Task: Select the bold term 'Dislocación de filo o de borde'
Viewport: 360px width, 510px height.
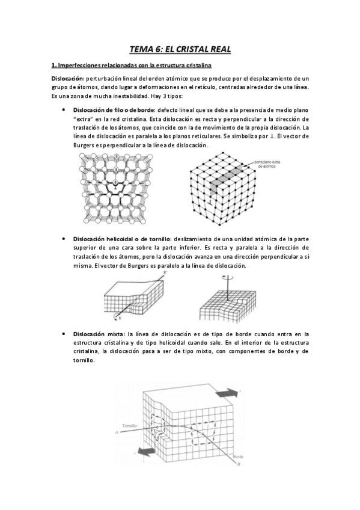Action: [113, 110]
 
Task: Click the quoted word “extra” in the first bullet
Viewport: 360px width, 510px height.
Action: [82, 119]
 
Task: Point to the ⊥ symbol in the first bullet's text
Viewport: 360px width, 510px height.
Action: [263, 137]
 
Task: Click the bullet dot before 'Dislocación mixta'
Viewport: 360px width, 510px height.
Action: [64, 333]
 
